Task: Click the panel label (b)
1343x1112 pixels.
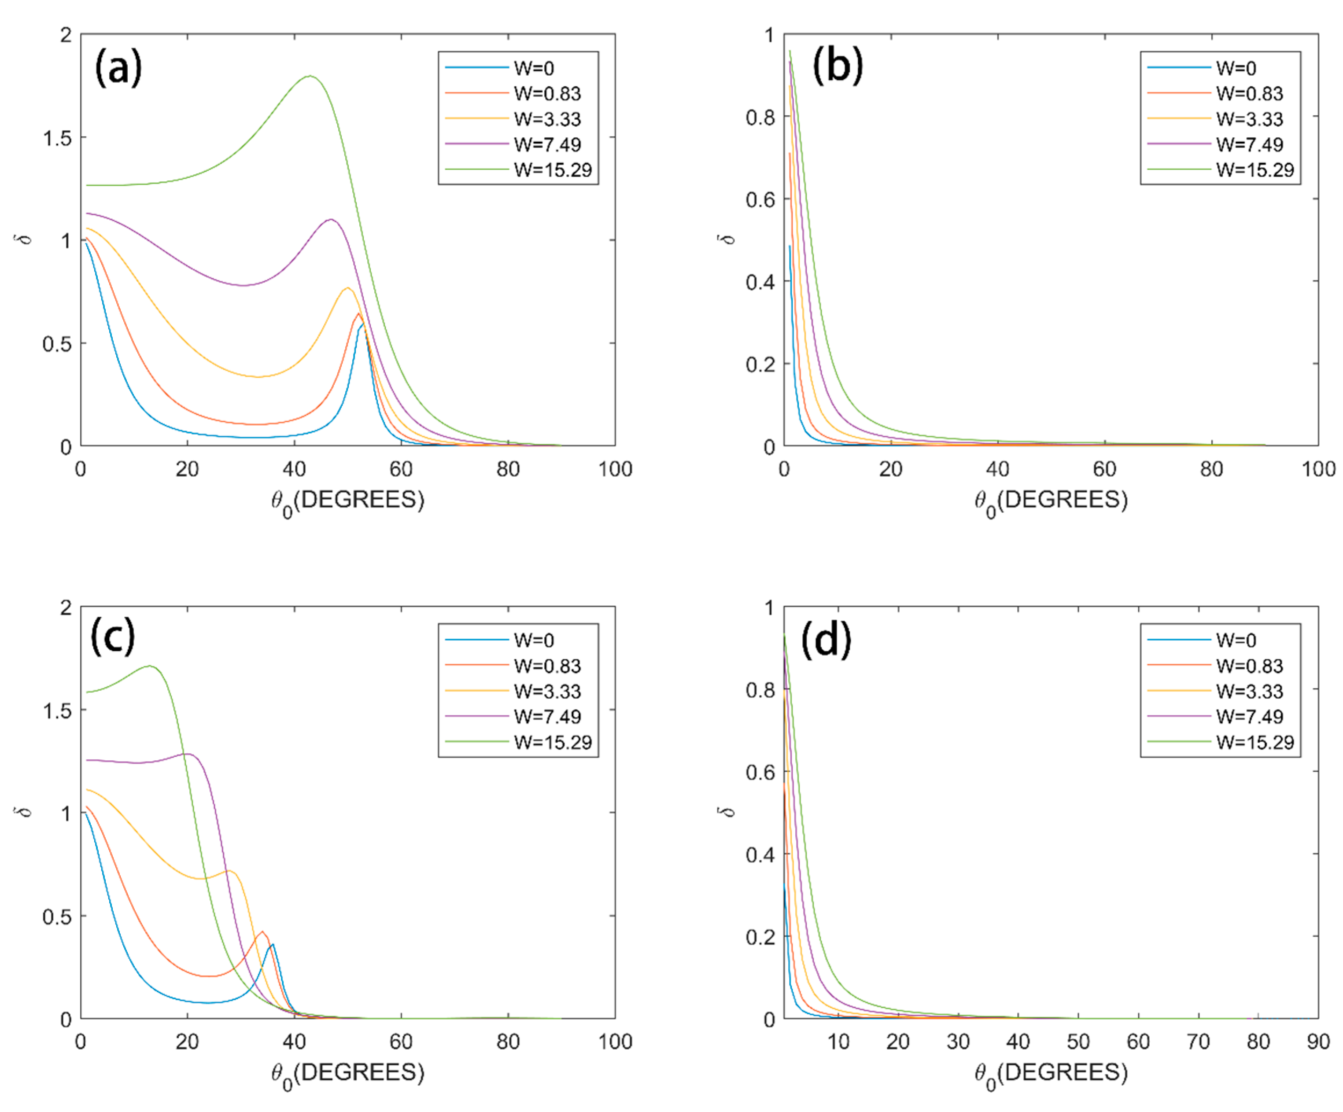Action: point(837,66)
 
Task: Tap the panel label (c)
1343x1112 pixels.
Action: point(113,637)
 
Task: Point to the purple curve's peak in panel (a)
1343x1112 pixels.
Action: point(331,220)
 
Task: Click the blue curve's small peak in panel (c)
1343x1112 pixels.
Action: point(273,944)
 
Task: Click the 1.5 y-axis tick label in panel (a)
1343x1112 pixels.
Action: point(57,138)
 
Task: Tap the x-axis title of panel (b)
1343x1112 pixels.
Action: point(1051,501)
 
